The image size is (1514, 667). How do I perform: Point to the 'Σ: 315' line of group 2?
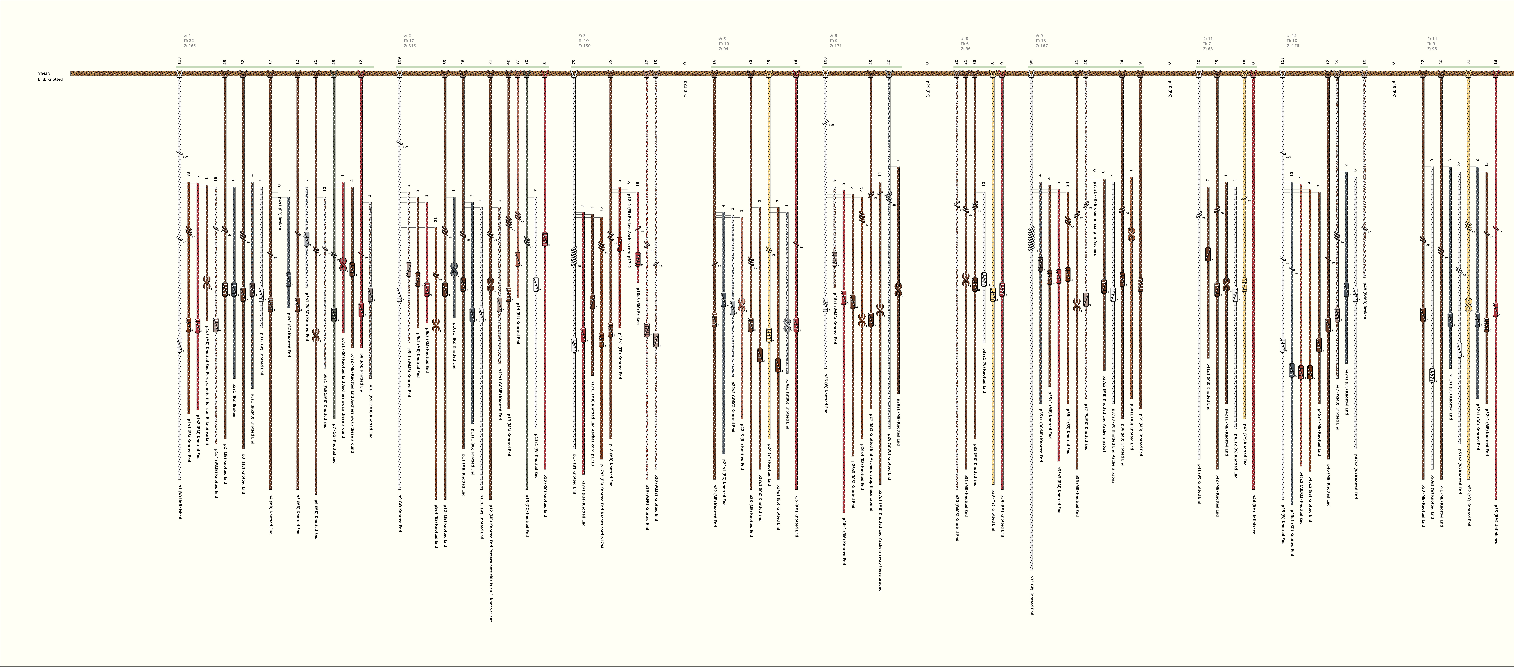pyautogui.click(x=410, y=45)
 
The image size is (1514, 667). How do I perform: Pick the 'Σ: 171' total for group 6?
pyautogui.click(x=836, y=45)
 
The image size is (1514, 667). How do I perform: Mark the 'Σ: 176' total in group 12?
pyautogui.click(x=1293, y=45)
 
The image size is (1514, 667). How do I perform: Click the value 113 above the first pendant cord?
pyautogui.click(x=179, y=61)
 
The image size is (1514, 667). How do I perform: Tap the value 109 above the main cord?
pyautogui.click(x=399, y=61)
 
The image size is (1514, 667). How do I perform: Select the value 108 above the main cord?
pyautogui.click(x=825, y=61)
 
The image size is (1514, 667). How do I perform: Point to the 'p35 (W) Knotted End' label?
pyautogui.click(x=1031, y=595)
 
